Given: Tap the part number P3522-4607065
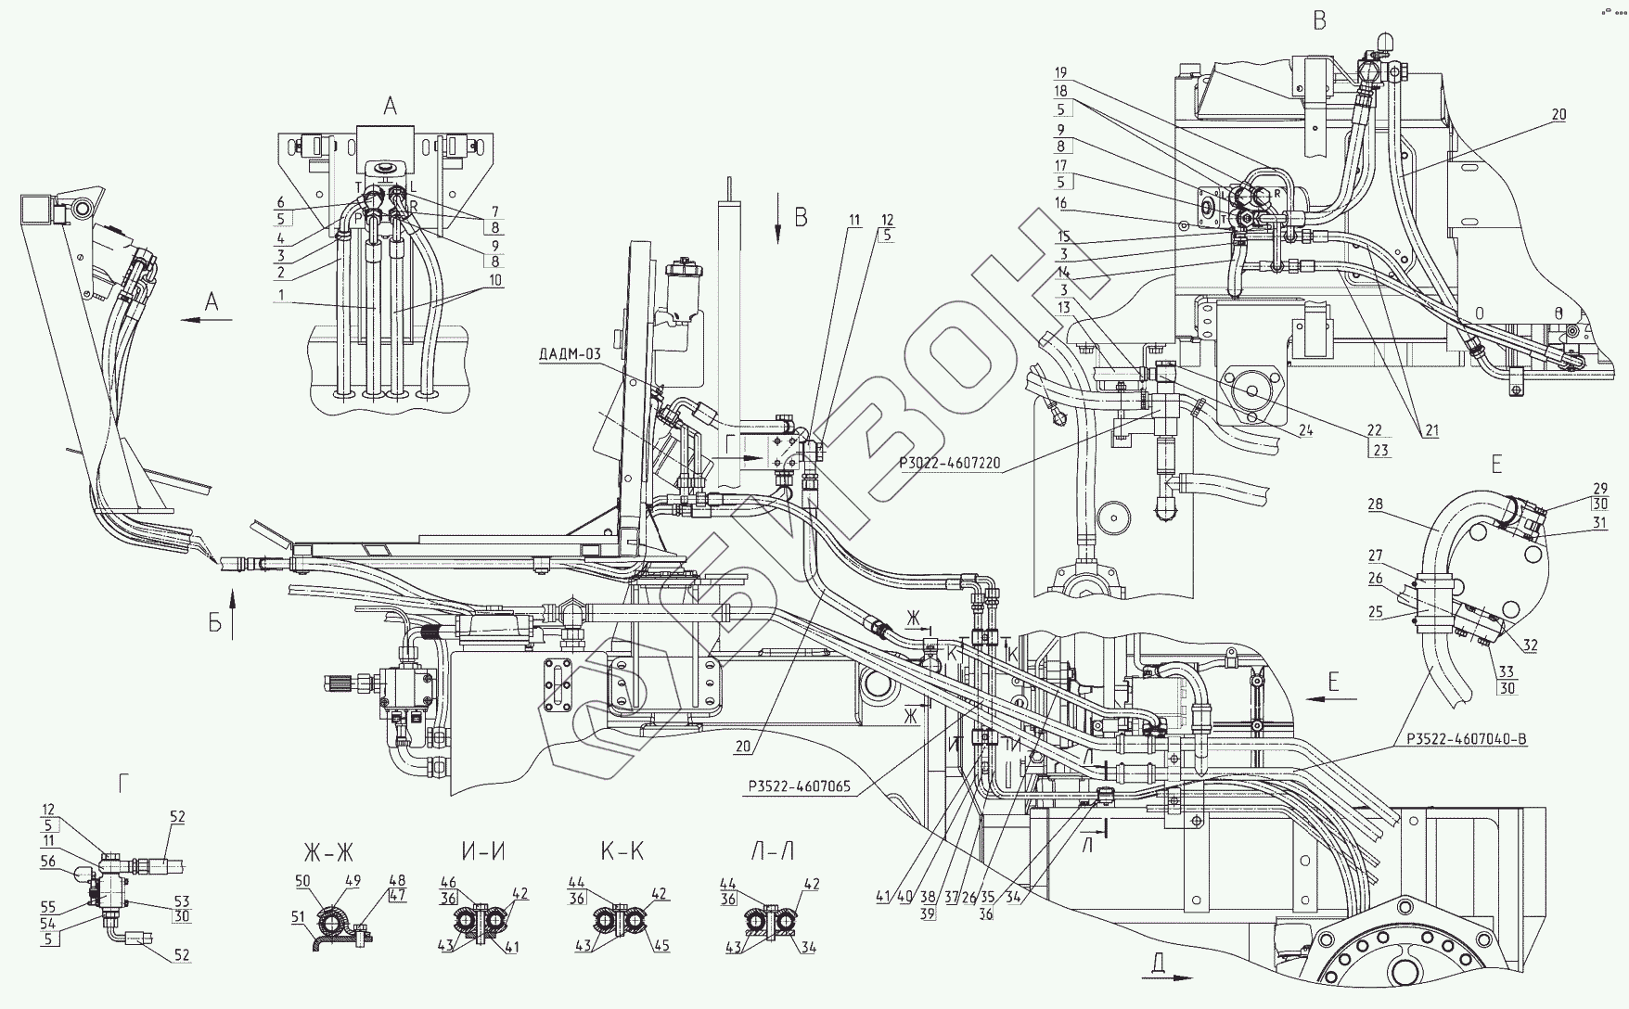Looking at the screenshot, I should coord(799,786).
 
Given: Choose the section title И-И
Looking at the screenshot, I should coord(483,852).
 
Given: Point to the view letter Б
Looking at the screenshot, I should coord(215,623).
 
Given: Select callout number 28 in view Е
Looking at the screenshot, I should coord(1374,505).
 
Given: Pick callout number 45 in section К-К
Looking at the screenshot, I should coord(662,947).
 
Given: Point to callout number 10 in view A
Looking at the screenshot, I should coord(494,279).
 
